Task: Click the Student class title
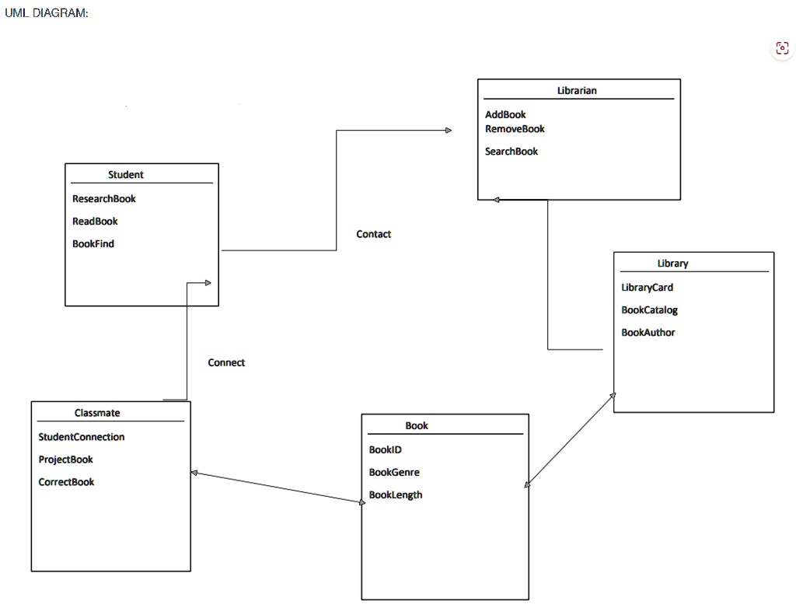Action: [x=125, y=175]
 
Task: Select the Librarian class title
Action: [x=577, y=90]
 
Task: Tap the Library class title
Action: [x=672, y=263]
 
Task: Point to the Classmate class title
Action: [x=97, y=413]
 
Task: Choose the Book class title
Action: [x=417, y=425]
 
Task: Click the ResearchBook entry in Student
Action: [x=104, y=198]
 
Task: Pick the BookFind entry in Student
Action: [x=93, y=244]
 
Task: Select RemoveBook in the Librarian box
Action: [x=515, y=129]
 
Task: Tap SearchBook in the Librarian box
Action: [x=511, y=152]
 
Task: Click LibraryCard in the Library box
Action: [x=648, y=288]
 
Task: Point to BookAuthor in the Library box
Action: [x=648, y=333]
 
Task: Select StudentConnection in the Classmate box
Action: [x=81, y=437]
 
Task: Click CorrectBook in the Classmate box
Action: [x=66, y=482]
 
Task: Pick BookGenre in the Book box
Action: [x=394, y=472]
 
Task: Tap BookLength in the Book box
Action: [x=396, y=495]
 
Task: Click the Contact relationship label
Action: [x=374, y=234]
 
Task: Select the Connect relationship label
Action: [x=226, y=362]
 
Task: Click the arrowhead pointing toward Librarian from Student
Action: [x=449, y=131]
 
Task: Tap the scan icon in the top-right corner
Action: [x=782, y=48]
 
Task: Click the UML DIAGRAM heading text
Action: [x=46, y=13]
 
